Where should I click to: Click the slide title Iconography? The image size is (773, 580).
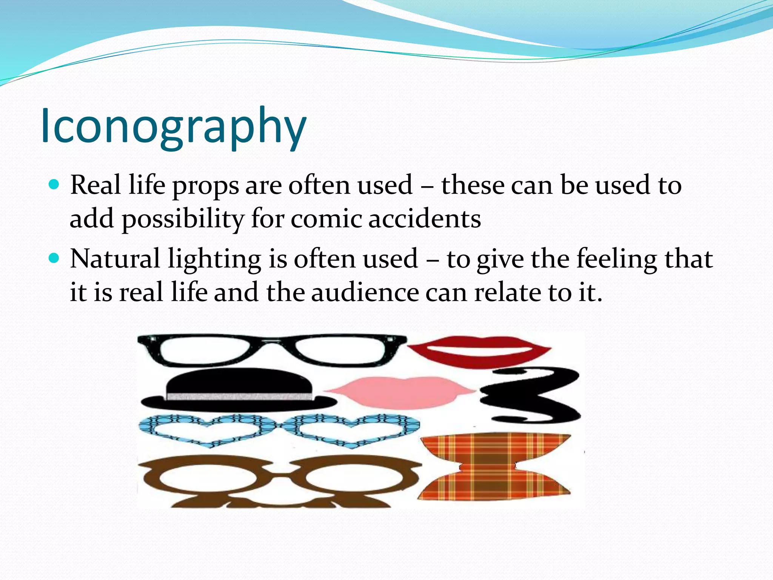point(174,126)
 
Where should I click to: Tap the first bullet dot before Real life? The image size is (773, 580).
point(54,185)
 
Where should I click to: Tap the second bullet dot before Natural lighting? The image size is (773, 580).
point(54,258)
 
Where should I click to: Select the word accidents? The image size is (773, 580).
point(424,219)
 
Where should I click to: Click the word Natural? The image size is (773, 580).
point(115,259)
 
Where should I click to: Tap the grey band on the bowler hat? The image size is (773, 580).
point(239,397)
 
